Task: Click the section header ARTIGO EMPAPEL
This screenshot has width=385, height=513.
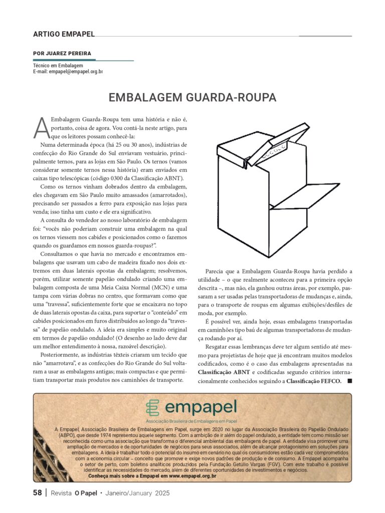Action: coord(64,34)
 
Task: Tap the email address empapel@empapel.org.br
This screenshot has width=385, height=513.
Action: coord(76,72)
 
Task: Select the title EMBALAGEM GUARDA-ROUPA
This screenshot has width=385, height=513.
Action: coord(192,97)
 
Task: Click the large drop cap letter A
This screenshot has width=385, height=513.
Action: coord(42,128)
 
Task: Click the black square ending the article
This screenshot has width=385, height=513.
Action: coord(349,381)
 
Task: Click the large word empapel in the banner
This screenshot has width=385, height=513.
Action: coord(201,407)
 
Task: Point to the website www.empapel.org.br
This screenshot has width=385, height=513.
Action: coord(192,476)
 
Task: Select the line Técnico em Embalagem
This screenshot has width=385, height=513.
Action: coord(58,66)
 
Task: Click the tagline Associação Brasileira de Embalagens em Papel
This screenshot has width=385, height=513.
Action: coord(191,421)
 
